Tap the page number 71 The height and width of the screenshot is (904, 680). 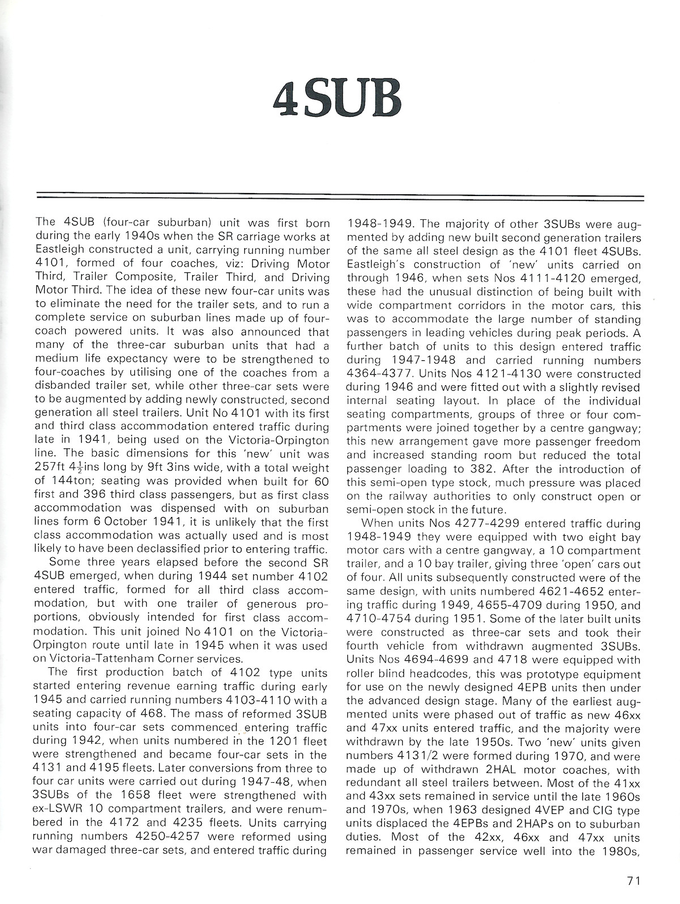coord(634,880)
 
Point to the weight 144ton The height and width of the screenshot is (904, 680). coord(59,481)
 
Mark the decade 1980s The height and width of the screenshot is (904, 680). coord(619,851)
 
